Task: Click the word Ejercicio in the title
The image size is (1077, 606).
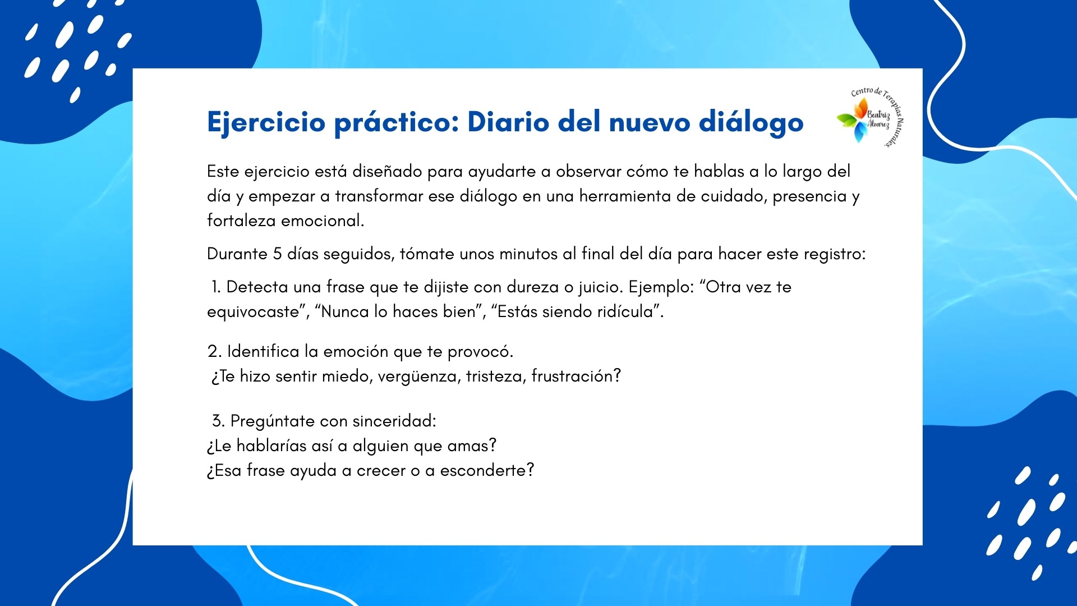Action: pyautogui.click(x=266, y=122)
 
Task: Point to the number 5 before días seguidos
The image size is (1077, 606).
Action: pyautogui.click(x=277, y=254)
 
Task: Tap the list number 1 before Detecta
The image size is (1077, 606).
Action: pyautogui.click(x=216, y=287)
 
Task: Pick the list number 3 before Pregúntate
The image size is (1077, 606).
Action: pyautogui.click(x=218, y=421)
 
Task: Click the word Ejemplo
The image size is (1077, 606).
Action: pyautogui.click(x=660, y=287)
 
